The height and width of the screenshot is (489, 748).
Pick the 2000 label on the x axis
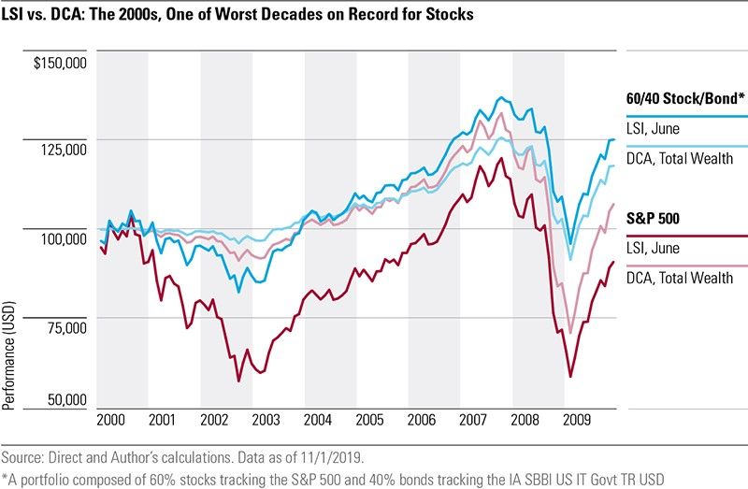[x=111, y=420]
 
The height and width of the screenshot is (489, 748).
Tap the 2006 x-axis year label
[x=422, y=420]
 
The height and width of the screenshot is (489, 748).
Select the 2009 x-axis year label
[x=578, y=420]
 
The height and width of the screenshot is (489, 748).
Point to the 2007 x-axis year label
[x=474, y=420]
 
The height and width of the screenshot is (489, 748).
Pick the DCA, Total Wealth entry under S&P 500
[x=680, y=278]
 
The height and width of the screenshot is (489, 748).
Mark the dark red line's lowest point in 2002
[x=238, y=381]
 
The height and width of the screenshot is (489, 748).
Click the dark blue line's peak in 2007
[x=501, y=96]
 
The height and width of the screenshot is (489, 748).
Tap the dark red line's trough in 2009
[x=570, y=377]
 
